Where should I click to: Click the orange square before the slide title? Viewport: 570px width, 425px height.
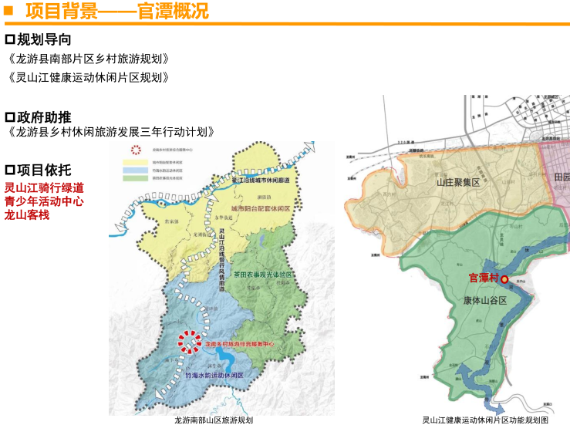(x=7, y=10)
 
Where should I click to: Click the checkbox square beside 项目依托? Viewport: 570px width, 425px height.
(x=10, y=170)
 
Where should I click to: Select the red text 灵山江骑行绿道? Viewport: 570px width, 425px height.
(x=44, y=187)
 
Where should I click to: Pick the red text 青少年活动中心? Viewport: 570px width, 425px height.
(x=44, y=201)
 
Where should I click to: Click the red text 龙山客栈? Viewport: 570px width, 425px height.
(x=27, y=214)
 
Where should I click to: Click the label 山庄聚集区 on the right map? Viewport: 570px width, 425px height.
(x=458, y=183)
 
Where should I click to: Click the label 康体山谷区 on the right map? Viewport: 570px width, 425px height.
(x=485, y=301)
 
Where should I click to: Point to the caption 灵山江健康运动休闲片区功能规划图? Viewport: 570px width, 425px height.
(x=485, y=420)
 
